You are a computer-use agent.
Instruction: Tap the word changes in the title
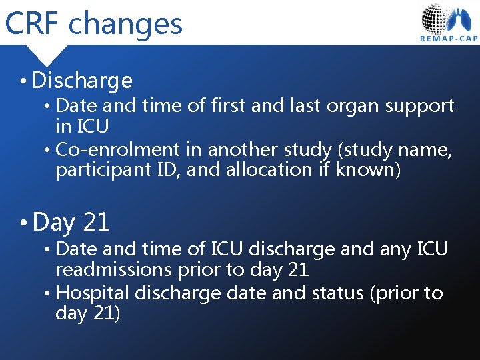[x=125, y=25]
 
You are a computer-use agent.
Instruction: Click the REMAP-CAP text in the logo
[x=449, y=39]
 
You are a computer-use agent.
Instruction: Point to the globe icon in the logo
[x=436, y=18]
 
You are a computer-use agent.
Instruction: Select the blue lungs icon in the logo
[x=463, y=20]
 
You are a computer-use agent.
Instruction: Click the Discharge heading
[x=82, y=81]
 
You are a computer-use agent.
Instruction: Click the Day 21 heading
[x=71, y=222]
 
